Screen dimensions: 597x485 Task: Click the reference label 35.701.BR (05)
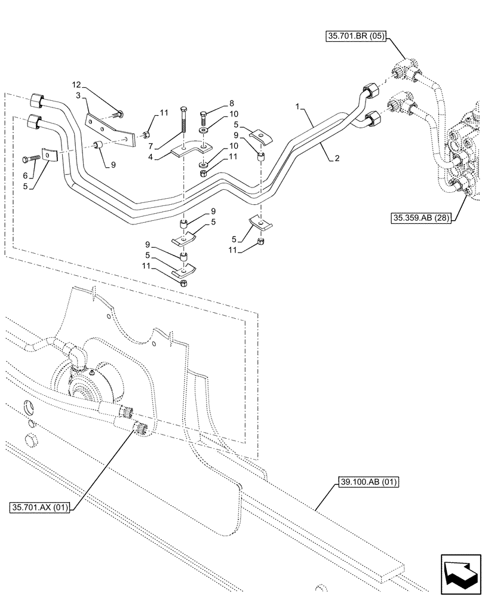(x=355, y=36)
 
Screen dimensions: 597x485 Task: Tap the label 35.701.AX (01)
(x=40, y=507)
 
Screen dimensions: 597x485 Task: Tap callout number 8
(x=215, y=103)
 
